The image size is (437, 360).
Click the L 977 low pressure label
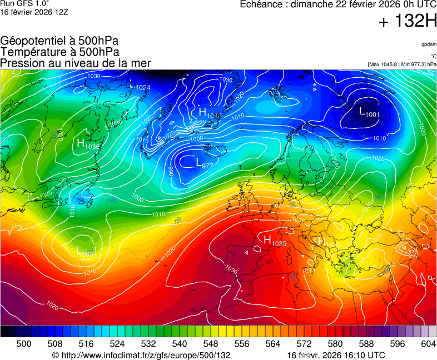point(205,163)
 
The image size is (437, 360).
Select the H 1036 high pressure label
point(88,144)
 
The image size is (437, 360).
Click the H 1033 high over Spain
point(275,241)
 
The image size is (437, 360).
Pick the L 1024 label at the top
point(140,86)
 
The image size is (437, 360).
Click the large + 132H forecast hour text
point(407,22)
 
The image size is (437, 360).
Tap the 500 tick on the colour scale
point(24,344)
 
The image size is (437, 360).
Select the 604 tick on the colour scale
point(428,344)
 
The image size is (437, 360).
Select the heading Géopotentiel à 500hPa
point(59,41)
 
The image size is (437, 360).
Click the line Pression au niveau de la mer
point(76,63)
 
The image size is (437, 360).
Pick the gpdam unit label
point(428,44)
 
